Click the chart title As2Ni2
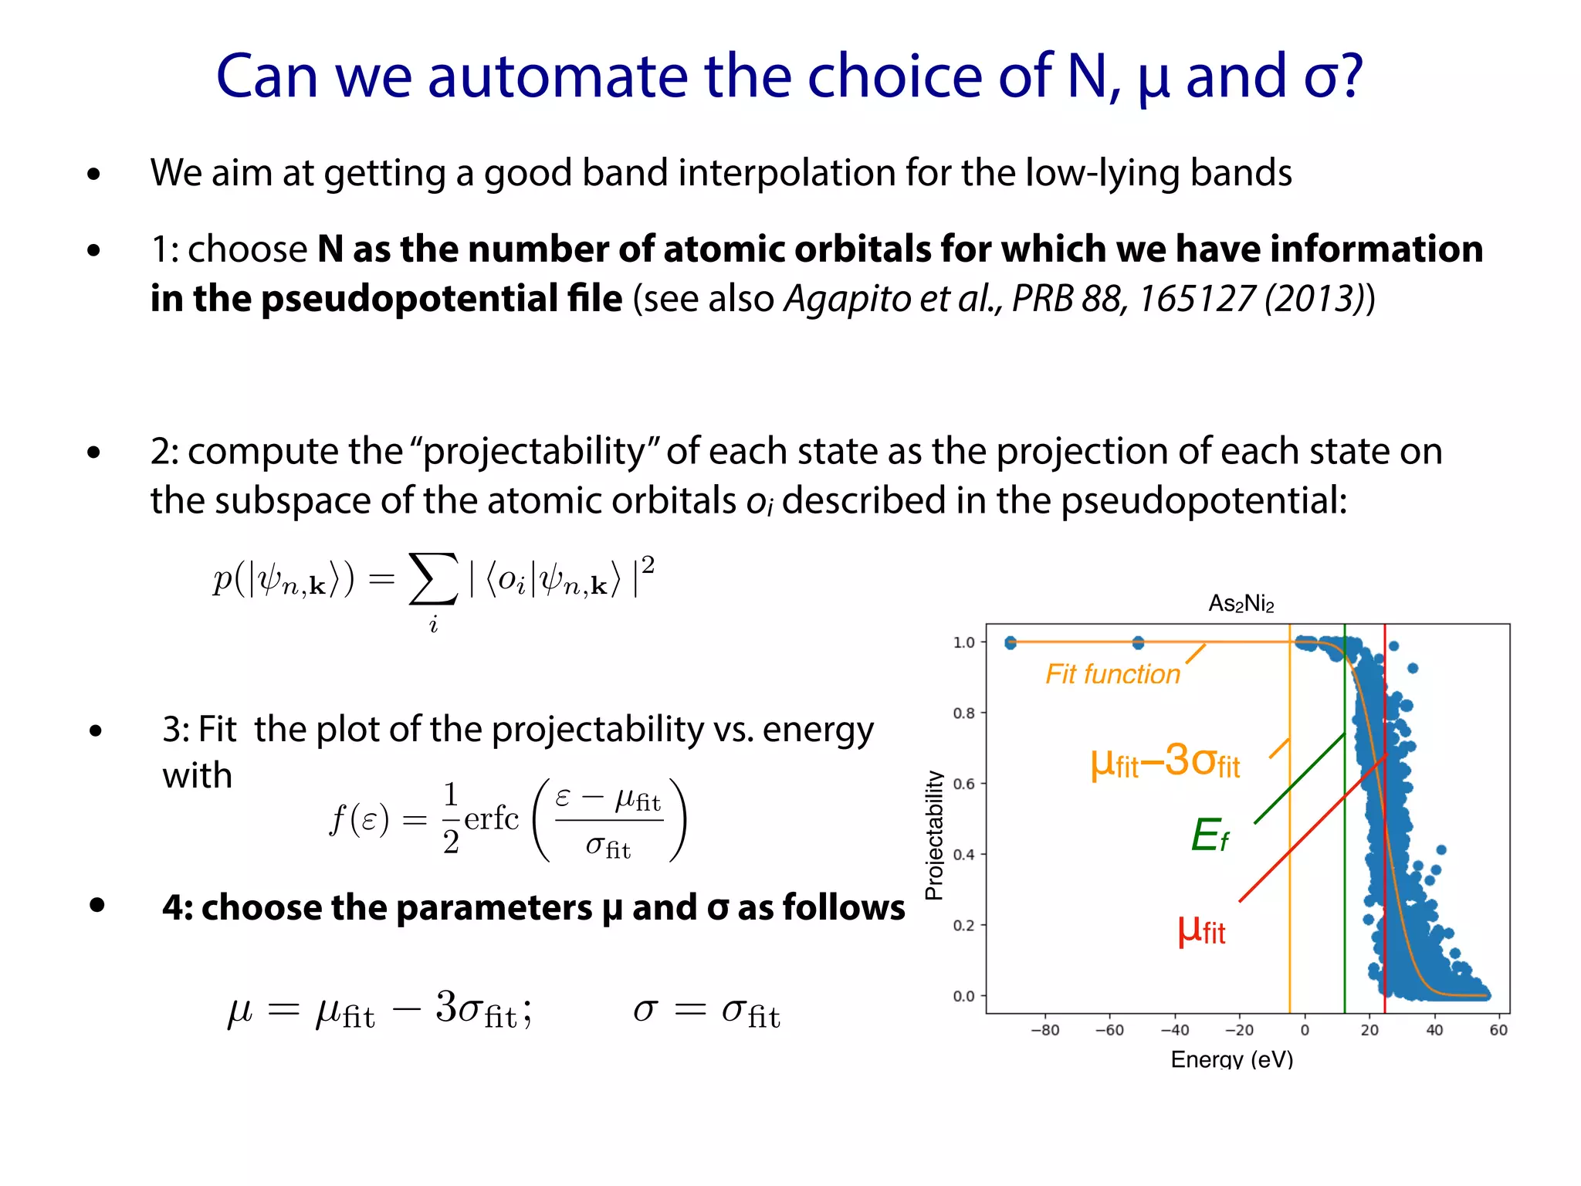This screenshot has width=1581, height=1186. tap(1241, 603)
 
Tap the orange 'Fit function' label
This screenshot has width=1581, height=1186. tap(1112, 674)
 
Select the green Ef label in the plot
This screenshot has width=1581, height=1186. tap(1210, 835)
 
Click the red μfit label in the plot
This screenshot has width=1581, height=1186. tap(1201, 930)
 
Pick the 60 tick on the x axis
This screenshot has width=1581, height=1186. tap(1498, 1030)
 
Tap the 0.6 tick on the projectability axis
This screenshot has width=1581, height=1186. tap(963, 784)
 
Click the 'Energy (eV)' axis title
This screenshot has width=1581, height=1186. tap(1231, 1059)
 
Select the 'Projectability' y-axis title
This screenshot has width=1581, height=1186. tap(934, 835)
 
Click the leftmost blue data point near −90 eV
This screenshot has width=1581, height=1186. tap(1011, 642)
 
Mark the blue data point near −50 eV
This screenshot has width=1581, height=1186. tap(1138, 642)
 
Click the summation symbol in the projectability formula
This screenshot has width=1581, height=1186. tap(432, 579)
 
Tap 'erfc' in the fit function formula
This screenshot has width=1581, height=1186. tap(491, 818)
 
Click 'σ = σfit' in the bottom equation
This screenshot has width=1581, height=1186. tap(706, 1011)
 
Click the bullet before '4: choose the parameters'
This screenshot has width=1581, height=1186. tap(96, 905)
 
